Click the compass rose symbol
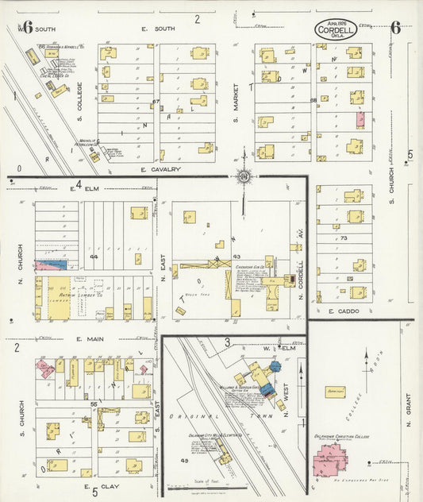(x=244, y=176)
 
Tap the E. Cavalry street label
(x=162, y=169)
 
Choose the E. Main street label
(x=91, y=339)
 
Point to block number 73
(x=344, y=237)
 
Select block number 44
(x=93, y=257)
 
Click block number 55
(x=93, y=405)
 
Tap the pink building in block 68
(x=360, y=119)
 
